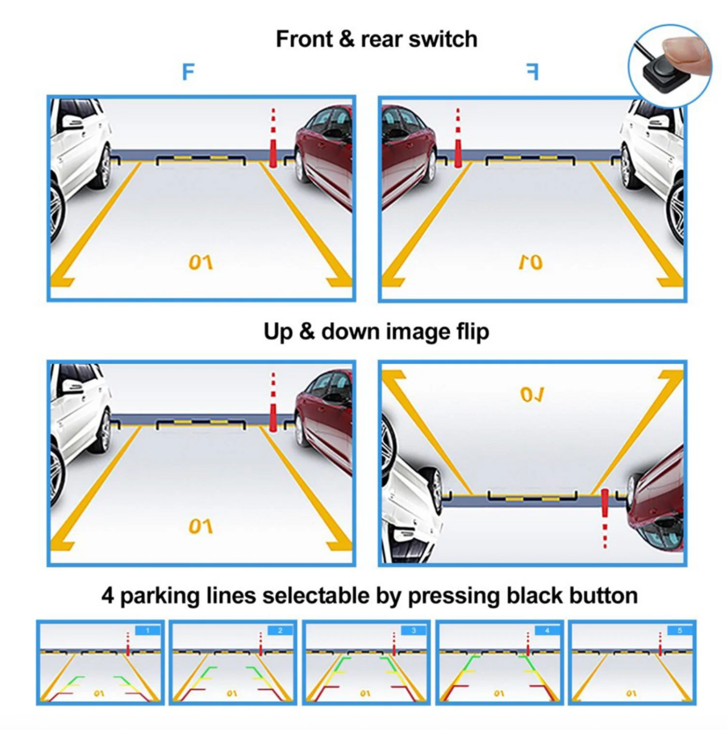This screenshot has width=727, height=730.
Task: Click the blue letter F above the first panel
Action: (188, 72)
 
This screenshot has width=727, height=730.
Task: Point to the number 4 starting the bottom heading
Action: (107, 596)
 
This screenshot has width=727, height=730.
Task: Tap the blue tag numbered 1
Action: (148, 630)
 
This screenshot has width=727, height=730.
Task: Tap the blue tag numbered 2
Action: (280, 630)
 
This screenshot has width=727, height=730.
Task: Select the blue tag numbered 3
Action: (414, 630)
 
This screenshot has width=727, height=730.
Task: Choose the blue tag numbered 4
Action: (546, 630)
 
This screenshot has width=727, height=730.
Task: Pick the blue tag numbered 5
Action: (680, 630)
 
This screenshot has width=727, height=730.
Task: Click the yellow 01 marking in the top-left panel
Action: (201, 263)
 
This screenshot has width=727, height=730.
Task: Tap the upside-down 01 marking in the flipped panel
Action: (532, 395)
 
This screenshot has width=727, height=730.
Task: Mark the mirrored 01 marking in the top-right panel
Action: (531, 263)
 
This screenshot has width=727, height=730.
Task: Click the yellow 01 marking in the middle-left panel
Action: (201, 527)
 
